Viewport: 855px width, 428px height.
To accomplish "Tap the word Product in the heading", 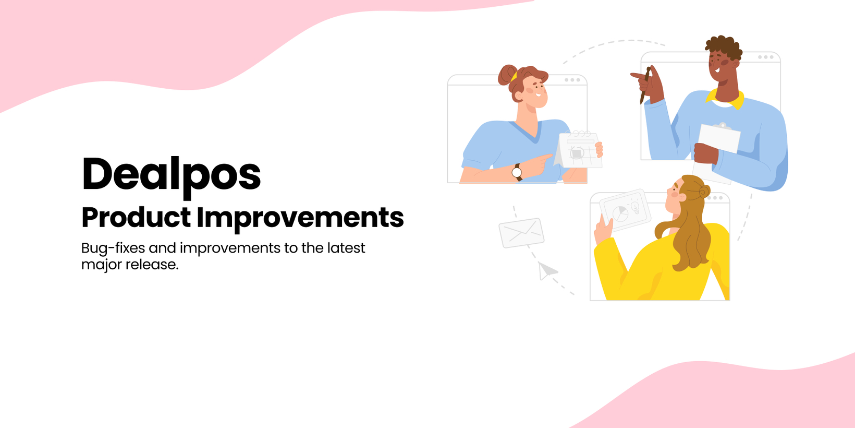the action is pos(136,218).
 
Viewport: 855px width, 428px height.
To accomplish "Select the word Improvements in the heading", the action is pos(300,219).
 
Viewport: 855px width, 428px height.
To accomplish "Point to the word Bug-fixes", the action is pos(113,248).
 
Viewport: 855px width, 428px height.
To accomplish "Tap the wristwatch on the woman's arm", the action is pos(517,172).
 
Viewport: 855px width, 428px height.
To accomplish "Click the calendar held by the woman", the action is pos(578,149).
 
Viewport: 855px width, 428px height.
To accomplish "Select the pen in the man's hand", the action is pos(645,85).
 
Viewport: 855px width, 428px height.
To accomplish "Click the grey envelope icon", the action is pos(521,233).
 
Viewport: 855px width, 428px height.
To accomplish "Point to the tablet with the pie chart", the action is pos(625,210).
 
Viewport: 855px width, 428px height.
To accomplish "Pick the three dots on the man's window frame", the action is pos(766,57).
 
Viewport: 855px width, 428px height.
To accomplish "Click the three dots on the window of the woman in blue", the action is pos(572,80).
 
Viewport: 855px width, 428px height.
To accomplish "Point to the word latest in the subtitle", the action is pos(346,248).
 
